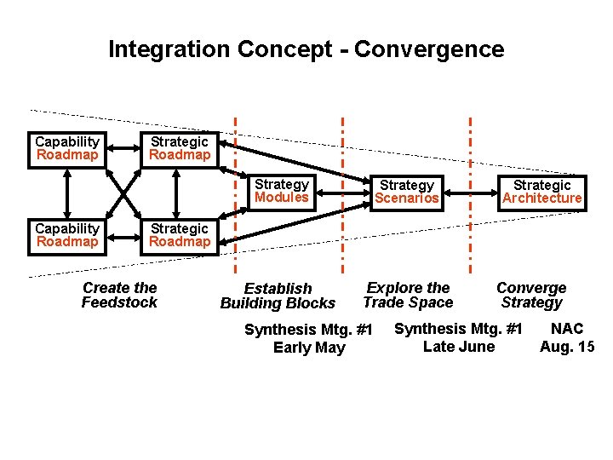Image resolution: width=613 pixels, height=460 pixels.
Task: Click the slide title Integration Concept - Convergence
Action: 306,49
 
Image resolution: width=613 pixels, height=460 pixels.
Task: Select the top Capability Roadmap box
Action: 67,148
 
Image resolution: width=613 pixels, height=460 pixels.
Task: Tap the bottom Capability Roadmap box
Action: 67,235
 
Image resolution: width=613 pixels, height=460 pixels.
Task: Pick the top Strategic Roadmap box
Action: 179,148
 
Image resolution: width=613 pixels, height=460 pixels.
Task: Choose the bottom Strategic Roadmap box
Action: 179,235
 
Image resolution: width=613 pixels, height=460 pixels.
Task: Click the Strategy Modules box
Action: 282,191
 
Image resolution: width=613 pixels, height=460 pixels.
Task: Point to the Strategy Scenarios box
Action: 407,192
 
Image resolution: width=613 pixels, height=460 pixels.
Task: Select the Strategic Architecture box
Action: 541,192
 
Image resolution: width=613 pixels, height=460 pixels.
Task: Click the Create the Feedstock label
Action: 119,295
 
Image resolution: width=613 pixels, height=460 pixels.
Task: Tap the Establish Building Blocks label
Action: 278,296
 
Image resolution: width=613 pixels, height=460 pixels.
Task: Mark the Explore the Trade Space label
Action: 408,295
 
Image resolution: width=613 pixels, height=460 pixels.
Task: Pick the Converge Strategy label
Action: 531,295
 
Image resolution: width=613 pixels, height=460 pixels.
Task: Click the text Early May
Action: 309,348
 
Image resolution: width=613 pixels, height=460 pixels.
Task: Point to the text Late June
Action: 458,346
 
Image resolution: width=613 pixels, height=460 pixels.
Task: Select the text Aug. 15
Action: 567,346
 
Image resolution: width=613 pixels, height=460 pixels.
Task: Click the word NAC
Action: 567,329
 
